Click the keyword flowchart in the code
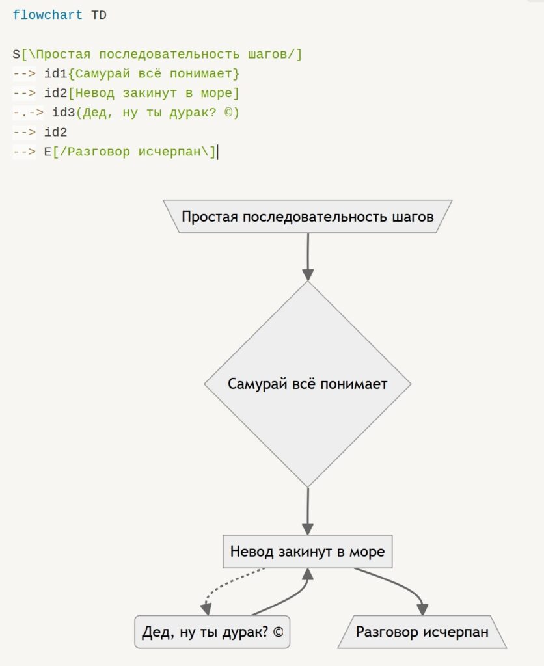(x=48, y=15)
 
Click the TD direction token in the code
(x=99, y=16)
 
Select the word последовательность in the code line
(x=169, y=55)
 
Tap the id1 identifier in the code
(x=56, y=73)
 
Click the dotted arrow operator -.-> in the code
(x=28, y=113)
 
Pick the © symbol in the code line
(x=228, y=113)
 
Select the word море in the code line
(x=216, y=93)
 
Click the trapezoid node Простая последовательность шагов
(x=307, y=217)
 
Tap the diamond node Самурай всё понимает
(x=307, y=384)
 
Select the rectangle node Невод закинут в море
(x=307, y=552)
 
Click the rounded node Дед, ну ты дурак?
(x=212, y=632)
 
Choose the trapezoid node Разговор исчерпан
(x=422, y=632)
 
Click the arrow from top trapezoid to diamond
(x=308, y=256)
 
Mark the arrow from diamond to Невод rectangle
(x=308, y=511)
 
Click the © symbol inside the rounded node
(x=278, y=632)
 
